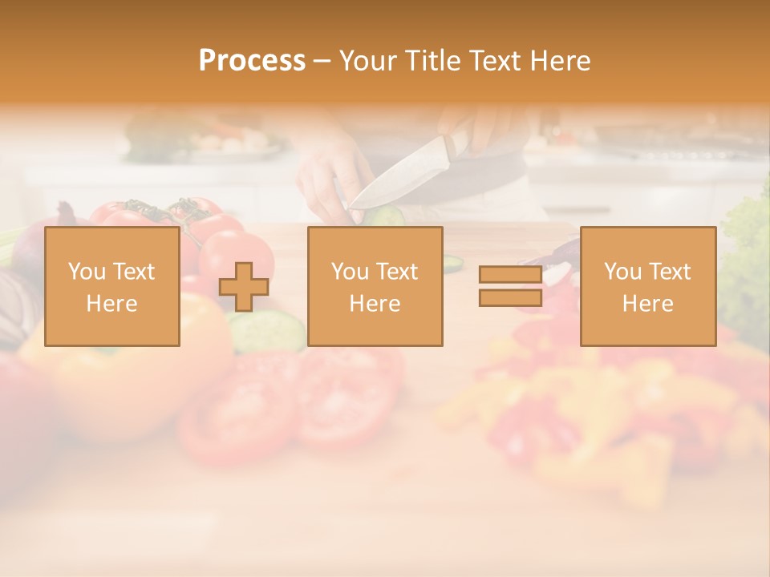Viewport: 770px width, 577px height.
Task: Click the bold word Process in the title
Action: tap(252, 61)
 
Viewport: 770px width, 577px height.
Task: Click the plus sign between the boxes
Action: tap(244, 287)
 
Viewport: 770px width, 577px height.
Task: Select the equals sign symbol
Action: tap(510, 286)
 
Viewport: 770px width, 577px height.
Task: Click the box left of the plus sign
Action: tap(112, 286)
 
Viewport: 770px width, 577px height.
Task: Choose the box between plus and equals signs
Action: tap(375, 286)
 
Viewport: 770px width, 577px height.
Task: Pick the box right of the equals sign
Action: tap(647, 286)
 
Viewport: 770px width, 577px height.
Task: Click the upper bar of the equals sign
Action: tap(510, 274)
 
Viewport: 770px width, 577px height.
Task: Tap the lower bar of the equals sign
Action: tap(510, 298)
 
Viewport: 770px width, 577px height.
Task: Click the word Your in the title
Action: tap(367, 61)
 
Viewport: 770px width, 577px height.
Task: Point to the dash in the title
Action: tap(322, 61)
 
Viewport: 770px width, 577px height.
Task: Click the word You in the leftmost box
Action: tap(86, 272)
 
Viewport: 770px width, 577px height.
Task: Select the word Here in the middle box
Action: tap(375, 304)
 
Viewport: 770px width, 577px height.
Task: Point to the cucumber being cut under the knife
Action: tap(384, 216)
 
